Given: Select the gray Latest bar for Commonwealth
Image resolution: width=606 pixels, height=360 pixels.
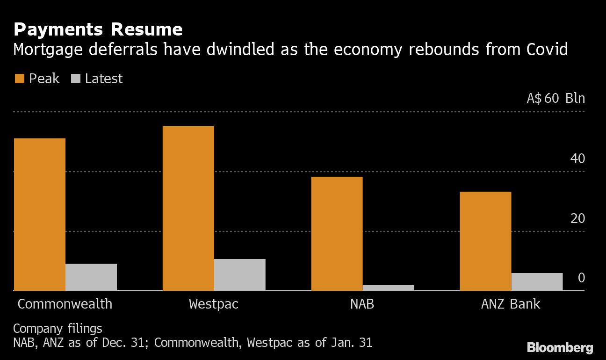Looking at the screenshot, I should [x=91, y=277].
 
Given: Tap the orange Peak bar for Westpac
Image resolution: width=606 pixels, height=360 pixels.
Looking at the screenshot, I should [x=188, y=209].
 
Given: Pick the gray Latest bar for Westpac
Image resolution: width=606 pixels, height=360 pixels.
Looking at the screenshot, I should [x=240, y=275].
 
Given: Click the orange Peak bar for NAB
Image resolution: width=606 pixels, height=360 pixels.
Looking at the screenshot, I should [x=337, y=233].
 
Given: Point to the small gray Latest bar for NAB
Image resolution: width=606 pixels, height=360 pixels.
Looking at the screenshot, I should [x=388, y=288].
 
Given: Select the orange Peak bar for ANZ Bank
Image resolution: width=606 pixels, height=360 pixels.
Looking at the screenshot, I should [x=485, y=241].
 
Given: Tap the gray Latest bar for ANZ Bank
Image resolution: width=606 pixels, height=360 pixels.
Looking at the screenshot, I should [x=537, y=282].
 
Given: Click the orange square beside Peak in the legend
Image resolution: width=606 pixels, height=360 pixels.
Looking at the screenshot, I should [x=19, y=79].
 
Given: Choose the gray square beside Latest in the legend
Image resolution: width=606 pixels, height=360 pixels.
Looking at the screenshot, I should [x=75, y=79].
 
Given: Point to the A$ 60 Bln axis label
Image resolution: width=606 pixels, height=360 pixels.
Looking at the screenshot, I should [x=555, y=99].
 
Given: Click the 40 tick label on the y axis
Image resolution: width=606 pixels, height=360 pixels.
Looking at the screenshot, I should [x=577, y=159].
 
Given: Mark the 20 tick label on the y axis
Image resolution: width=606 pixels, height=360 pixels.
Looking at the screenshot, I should [x=577, y=218].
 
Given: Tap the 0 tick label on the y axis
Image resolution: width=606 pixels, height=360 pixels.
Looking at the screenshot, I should [x=581, y=278].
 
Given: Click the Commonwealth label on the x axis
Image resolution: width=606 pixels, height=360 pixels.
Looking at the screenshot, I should [x=65, y=304].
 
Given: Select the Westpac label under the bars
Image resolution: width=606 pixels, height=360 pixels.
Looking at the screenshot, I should [x=214, y=304].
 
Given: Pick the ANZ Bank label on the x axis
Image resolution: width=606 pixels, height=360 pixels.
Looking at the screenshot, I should [x=511, y=304].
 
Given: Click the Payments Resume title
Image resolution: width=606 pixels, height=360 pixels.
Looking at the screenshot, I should [x=98, y=30].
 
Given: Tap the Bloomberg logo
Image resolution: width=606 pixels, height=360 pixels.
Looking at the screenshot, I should [x=560, y=347].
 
